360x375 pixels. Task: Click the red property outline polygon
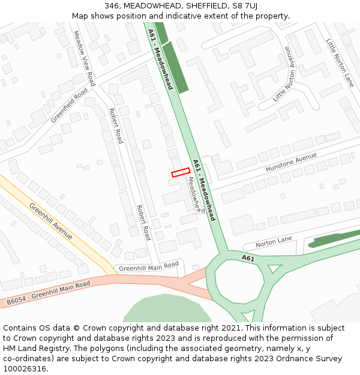[181, 173]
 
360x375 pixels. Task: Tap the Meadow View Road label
[85, 58]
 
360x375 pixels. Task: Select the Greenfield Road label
[69, 106]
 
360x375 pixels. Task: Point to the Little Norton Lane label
[340, 62]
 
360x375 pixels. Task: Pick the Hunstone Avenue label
[291, 163]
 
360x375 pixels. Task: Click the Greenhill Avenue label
[51, 221]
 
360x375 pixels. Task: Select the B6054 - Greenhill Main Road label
[49, 293]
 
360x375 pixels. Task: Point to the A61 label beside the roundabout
[248, 257]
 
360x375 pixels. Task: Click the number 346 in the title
[112, 6]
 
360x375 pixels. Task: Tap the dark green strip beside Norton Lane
[334, 239]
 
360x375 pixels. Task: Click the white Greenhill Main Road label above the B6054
[149, 266]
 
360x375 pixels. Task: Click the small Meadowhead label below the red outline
[193, 193]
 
